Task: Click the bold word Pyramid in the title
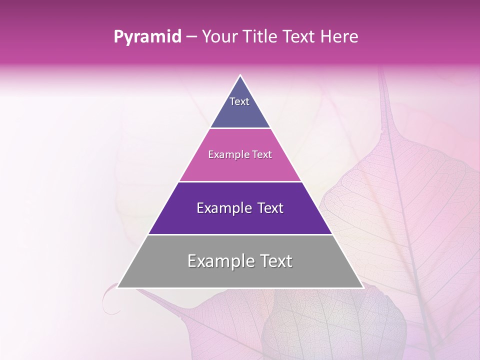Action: pyautogui.click(x=147, y=37)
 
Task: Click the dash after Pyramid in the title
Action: pyautogui.click(x=190, y=37)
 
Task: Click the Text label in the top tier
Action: pyautogui.click(x=239, y=101)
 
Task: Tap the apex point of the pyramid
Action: pyautogui.click(x=240, y=75)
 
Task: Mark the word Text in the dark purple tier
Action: pyautogui.click(x=270, y=208)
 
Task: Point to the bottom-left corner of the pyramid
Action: pyautogui.click(x=117, y=287)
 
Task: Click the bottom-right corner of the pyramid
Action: pyautogui.click(x=363, y=287)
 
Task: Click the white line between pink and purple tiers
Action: pyautogui.click(x=240, y=181)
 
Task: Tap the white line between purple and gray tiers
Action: pyautogui.click(x=240, y=234)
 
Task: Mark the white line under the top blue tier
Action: pyautogui.click(x=240, y=128)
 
